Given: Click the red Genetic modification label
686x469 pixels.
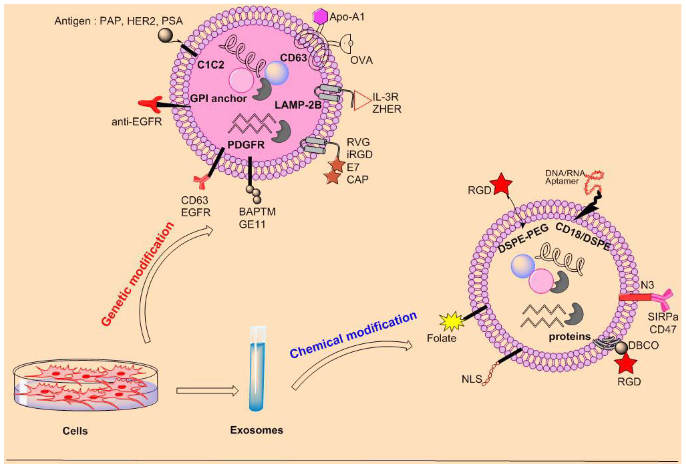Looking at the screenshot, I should [136, 274].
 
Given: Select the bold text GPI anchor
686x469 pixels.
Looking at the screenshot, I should [218, 98].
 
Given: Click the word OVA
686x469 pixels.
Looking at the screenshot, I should [361, 61].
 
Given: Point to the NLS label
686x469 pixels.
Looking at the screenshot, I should [471, 379].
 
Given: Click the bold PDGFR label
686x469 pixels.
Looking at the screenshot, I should [246, 145].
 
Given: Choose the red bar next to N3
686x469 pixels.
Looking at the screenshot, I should [635, 297].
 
